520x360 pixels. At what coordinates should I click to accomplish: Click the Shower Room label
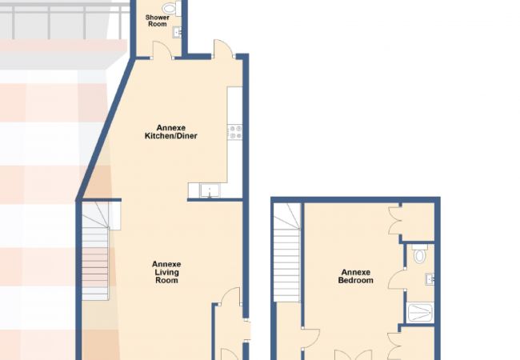(x=157, y=21)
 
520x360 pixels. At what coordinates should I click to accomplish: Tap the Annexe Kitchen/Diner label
(x=170, y=132)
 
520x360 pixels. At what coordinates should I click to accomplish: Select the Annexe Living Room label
(x=166, y=272)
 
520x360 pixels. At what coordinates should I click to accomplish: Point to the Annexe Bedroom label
(x=355, y=277)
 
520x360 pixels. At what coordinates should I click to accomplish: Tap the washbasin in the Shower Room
(x=178, y=32)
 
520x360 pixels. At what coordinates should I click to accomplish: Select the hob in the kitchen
(x=234, y=131)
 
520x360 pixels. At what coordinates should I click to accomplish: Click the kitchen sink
(x=210, y=191)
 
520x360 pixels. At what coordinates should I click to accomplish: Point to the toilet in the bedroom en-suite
(x=420, y=254)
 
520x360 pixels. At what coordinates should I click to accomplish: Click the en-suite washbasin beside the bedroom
(x=430, y=279)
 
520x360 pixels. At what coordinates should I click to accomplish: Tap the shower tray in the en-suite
(x=420, y=312)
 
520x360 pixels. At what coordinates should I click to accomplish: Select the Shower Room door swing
(x=162, y=50)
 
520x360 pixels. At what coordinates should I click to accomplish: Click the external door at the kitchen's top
(x=223, y=49)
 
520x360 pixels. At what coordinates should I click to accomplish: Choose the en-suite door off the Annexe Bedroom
(x=398, y=279)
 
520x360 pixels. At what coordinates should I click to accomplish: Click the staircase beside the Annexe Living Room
(x=95, y=251)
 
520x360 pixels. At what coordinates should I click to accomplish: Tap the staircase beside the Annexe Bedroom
(x=287, y=252)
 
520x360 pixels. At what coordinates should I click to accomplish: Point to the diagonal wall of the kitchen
(x=106, y=130)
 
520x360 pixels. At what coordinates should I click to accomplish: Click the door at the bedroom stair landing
(x=310, y=338)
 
